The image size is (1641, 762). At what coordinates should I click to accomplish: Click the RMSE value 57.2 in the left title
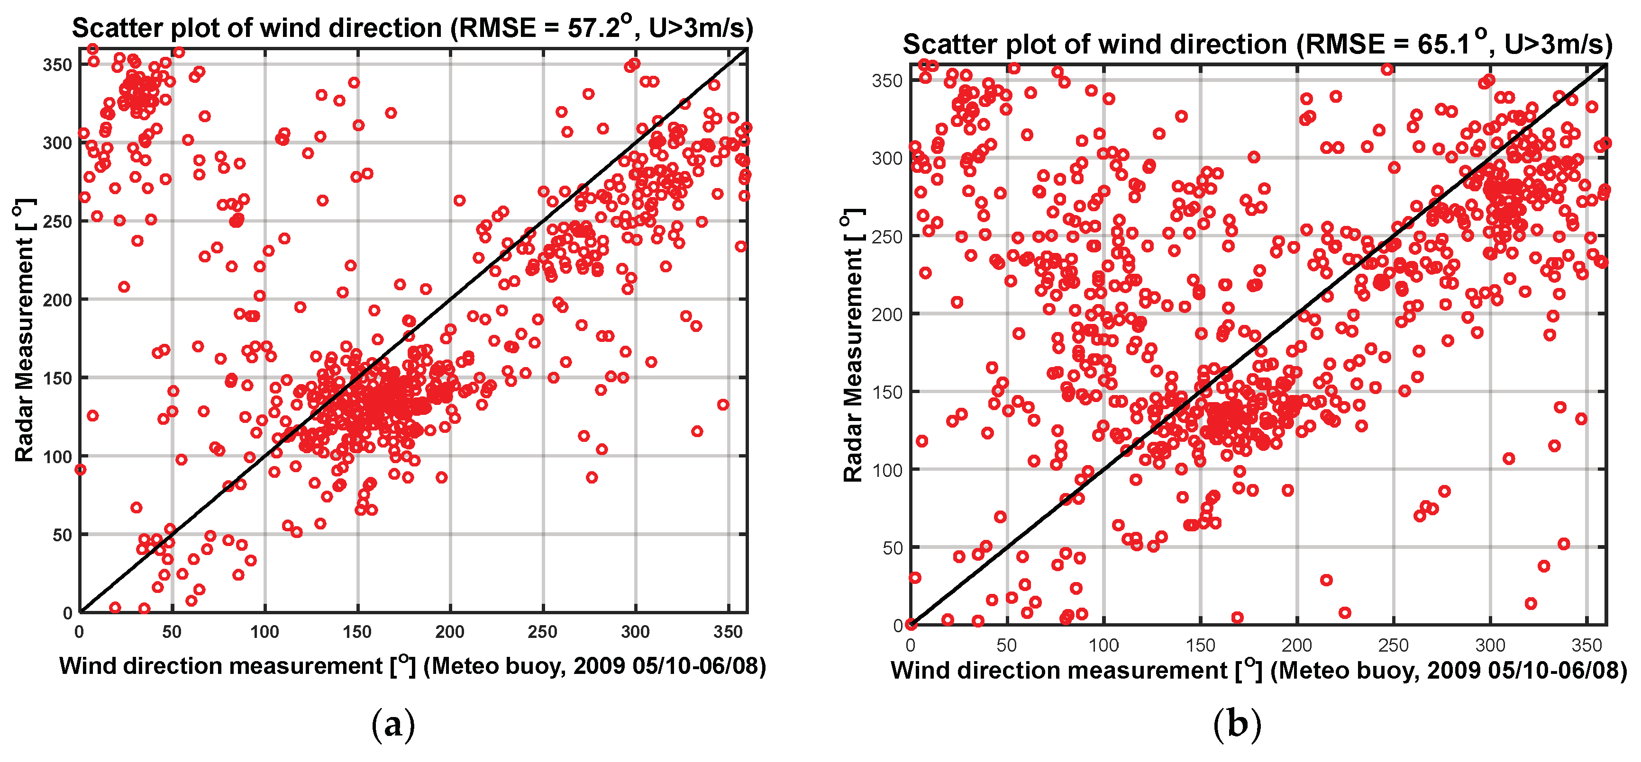point(593,28)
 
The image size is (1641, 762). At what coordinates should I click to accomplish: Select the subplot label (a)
point(392,725)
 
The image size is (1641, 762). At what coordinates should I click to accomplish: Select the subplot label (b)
point(1237,725)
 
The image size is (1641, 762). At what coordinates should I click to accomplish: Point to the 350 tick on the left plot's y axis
point(57,65)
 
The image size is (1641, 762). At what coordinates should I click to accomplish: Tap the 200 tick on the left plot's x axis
point(450,632)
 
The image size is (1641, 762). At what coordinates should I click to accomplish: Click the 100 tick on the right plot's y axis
point(887,470)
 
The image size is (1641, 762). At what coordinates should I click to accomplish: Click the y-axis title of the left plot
point(24,331)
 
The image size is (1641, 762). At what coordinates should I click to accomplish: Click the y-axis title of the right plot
point(852,346)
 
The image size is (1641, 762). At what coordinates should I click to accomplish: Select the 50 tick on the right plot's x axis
point(1006,645)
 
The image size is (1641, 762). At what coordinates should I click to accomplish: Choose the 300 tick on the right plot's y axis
point(887,159)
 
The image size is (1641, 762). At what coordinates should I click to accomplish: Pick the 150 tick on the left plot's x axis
point(357,632)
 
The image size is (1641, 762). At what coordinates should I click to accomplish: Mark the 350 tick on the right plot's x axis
point(1586,645)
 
